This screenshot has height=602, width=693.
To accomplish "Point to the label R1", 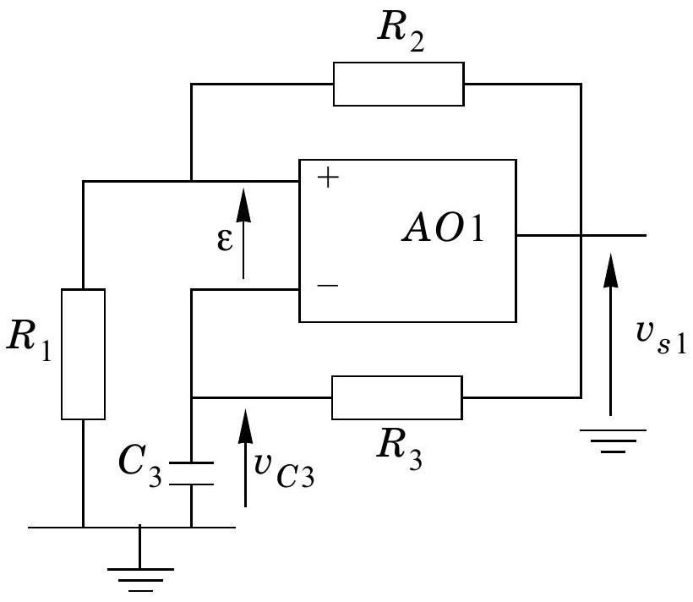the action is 30,341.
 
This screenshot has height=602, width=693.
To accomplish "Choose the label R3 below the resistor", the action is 400,449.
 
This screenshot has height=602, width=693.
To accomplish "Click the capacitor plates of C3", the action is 191,473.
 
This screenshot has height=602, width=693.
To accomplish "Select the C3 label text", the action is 140,466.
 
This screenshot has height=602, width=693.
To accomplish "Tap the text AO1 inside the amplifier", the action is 444,229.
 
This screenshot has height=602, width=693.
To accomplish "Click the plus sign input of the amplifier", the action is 328,178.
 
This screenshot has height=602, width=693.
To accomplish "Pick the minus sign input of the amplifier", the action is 328,285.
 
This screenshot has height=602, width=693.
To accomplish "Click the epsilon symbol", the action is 225,240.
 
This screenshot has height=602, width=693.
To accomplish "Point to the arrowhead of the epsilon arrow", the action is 243,205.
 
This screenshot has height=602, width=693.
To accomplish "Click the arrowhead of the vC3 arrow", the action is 245,426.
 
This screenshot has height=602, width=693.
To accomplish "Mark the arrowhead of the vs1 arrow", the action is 611,271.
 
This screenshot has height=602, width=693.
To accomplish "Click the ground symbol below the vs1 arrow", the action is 613,441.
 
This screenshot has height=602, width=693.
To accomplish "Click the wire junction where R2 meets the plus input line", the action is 191,181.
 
